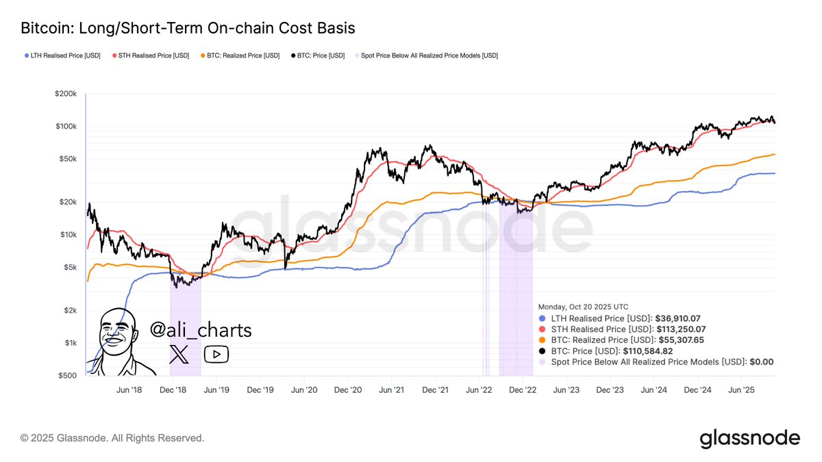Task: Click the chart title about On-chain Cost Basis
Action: point(188,29)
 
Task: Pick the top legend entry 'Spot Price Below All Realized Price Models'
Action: point(425,55)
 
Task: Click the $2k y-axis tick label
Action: point(71,310)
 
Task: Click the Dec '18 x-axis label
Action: point(173,389)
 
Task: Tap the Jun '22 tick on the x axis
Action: point(479,389)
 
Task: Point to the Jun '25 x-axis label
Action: point(741,389)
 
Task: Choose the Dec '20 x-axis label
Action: point(347,389)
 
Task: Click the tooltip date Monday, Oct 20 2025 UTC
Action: point(583,307)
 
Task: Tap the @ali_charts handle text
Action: point(201,331)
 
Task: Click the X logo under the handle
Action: point(179,355)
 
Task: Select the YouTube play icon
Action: point(216,354)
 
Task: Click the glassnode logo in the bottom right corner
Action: point(749,438)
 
